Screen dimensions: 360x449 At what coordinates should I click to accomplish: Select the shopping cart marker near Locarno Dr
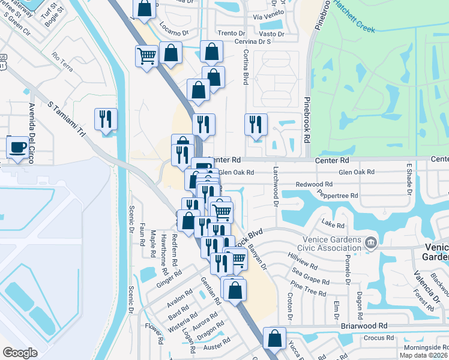(x=146, y=57)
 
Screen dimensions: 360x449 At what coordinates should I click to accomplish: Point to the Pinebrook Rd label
(x=307, y=120)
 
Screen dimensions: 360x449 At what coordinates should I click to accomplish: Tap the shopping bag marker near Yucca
(x=274, y=338)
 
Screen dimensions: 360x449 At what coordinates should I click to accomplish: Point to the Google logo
(x=20, y=353)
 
